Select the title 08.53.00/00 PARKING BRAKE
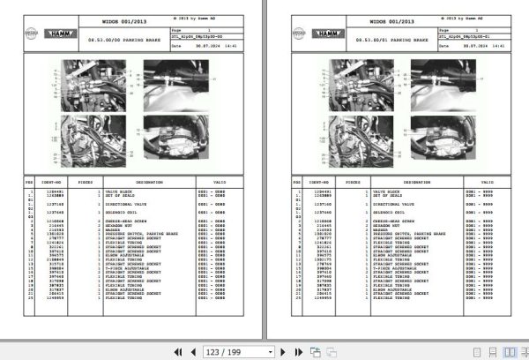[x=123, y=41]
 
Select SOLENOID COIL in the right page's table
[x=379, y=212]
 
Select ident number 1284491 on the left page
[x=53, y=191]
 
